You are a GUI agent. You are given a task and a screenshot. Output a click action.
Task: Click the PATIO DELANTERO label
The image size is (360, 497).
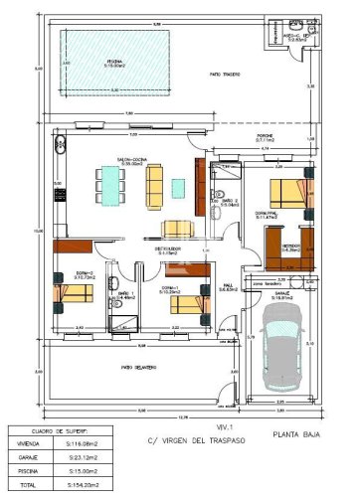139,367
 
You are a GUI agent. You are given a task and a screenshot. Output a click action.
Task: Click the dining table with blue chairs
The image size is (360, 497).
110,182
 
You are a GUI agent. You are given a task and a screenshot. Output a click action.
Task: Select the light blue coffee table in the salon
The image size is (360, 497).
179,186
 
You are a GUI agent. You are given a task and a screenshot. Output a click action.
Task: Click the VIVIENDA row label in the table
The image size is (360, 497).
27,445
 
